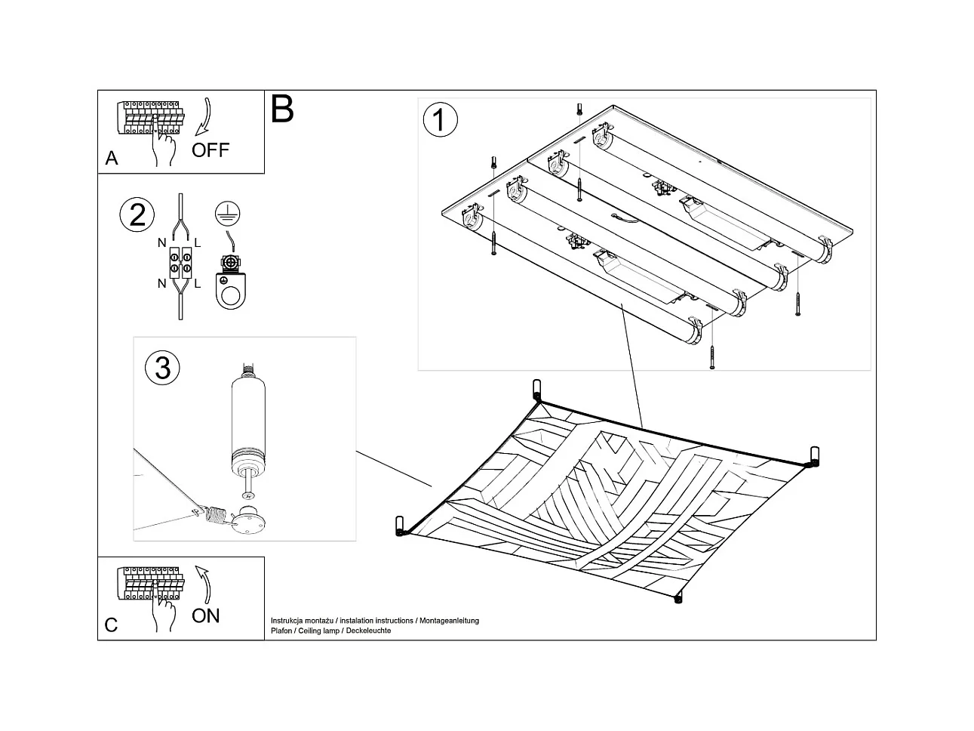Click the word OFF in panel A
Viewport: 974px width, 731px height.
210,150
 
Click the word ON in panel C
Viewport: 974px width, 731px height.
205,615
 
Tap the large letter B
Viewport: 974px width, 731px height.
281,109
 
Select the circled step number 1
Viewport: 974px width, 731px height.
441,121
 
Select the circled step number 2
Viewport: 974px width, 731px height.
137,215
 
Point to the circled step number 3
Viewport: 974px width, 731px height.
162,368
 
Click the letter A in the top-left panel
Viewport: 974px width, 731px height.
112,159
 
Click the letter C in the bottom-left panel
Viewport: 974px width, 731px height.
112,625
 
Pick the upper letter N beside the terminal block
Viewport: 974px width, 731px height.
161,243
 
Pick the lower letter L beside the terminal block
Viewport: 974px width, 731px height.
198,284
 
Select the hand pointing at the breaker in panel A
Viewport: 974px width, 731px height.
163,145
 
